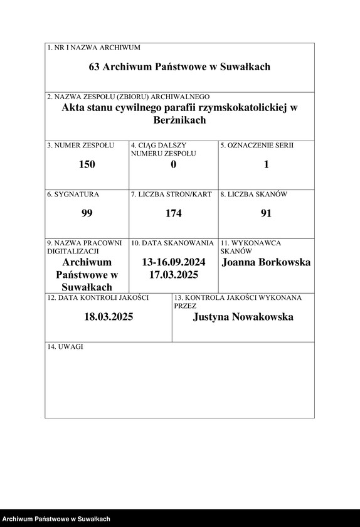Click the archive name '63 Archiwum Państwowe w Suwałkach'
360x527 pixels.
179,67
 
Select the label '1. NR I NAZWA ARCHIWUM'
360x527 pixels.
93,48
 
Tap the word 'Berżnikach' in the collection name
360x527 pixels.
179,119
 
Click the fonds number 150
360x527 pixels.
87,164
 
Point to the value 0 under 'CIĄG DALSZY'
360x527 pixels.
173,164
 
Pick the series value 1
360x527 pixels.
266,164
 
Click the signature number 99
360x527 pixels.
87,213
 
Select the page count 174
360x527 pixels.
173,213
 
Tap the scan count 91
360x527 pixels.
266,213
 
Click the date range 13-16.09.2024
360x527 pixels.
174,262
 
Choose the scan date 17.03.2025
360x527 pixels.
174,275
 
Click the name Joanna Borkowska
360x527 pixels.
266,262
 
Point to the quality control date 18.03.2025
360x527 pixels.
109,317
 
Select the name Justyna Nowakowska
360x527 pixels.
243,317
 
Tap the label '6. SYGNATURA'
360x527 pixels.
73,194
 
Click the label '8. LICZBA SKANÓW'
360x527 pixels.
253,194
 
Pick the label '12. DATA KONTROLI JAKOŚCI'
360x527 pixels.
98,297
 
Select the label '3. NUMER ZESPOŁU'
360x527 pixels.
80,146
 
